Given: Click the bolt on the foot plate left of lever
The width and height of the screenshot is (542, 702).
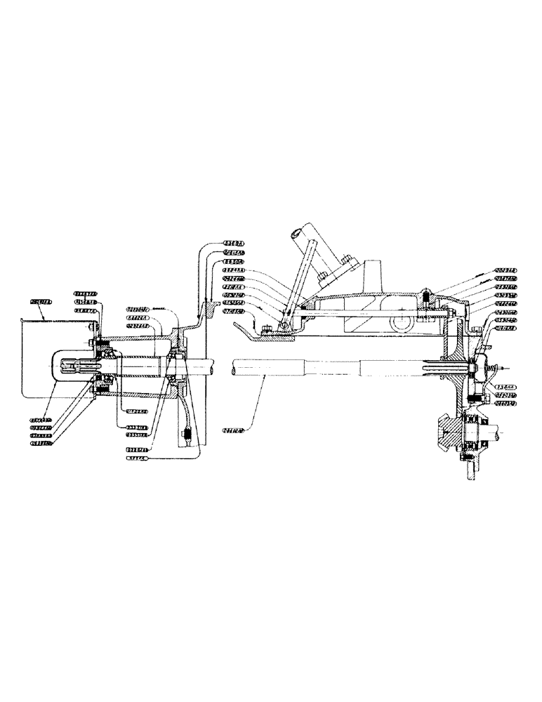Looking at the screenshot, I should tap(267, 330).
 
